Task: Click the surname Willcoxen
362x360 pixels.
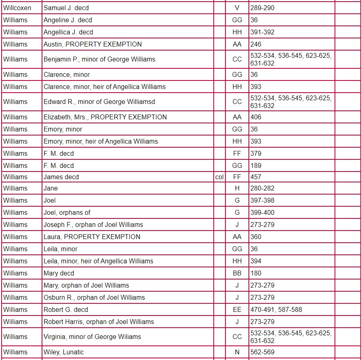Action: pos(17,8)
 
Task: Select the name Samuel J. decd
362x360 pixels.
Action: pos(66,8)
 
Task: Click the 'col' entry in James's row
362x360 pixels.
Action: pos(219,177)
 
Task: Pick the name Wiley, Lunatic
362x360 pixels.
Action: pos(64,352)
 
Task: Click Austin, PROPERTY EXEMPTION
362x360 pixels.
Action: pos(93,44)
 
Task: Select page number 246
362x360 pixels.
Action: pos(256,44)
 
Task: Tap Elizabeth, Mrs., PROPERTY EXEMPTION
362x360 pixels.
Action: pos(105,117)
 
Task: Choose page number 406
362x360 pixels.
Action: pos(256,117)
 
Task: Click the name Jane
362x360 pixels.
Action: pos(51,188)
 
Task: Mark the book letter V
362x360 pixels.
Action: pos(237,8)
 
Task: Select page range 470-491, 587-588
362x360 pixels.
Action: pos(276,309)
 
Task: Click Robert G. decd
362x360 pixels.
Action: pos(66,309)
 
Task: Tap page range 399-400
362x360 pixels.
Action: pos(262,212)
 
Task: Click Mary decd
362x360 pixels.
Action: pos(59,273)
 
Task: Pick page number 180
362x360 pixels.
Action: pos(256,273)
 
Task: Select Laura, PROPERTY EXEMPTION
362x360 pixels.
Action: pos(92,237)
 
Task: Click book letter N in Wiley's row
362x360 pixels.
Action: pos(237,352)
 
